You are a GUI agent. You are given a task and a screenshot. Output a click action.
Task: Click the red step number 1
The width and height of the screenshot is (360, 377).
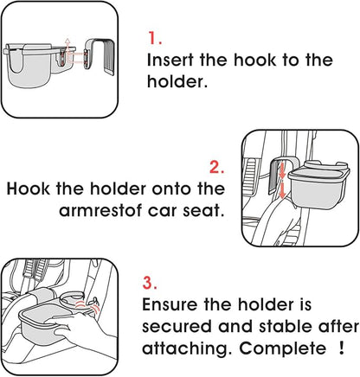click(x=155, y=38)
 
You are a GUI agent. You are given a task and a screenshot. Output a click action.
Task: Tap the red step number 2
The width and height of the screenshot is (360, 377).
click(x=216, y=167)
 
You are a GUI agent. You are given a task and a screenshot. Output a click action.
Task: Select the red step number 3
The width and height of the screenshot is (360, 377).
click(x=150, y=283)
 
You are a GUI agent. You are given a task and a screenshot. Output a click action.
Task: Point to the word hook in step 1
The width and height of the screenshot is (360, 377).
click(x=254, y=60)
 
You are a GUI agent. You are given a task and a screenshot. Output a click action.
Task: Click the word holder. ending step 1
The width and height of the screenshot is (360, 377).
click(x=177, y=81)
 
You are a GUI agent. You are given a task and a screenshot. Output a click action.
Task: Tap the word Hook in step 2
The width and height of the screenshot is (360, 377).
click(x=28, y=188)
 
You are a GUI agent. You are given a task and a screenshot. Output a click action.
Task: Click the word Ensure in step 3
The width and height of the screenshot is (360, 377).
click(x=170, y=304)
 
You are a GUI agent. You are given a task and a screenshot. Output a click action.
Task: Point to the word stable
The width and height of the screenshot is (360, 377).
click(x=285, y=326)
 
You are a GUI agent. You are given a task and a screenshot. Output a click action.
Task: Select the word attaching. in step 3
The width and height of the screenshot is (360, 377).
click(x=187, y=348)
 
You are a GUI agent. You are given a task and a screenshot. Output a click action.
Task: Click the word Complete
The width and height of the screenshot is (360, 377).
click(x=282, y=348)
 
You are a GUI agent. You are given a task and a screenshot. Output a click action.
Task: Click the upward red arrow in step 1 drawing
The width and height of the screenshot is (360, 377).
click(x=67, y=47)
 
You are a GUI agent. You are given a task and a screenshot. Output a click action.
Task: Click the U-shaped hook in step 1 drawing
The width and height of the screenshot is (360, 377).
click(x=100, y=55)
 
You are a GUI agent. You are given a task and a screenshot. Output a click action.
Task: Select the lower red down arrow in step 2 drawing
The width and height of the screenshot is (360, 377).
click(x=283, y=189)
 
